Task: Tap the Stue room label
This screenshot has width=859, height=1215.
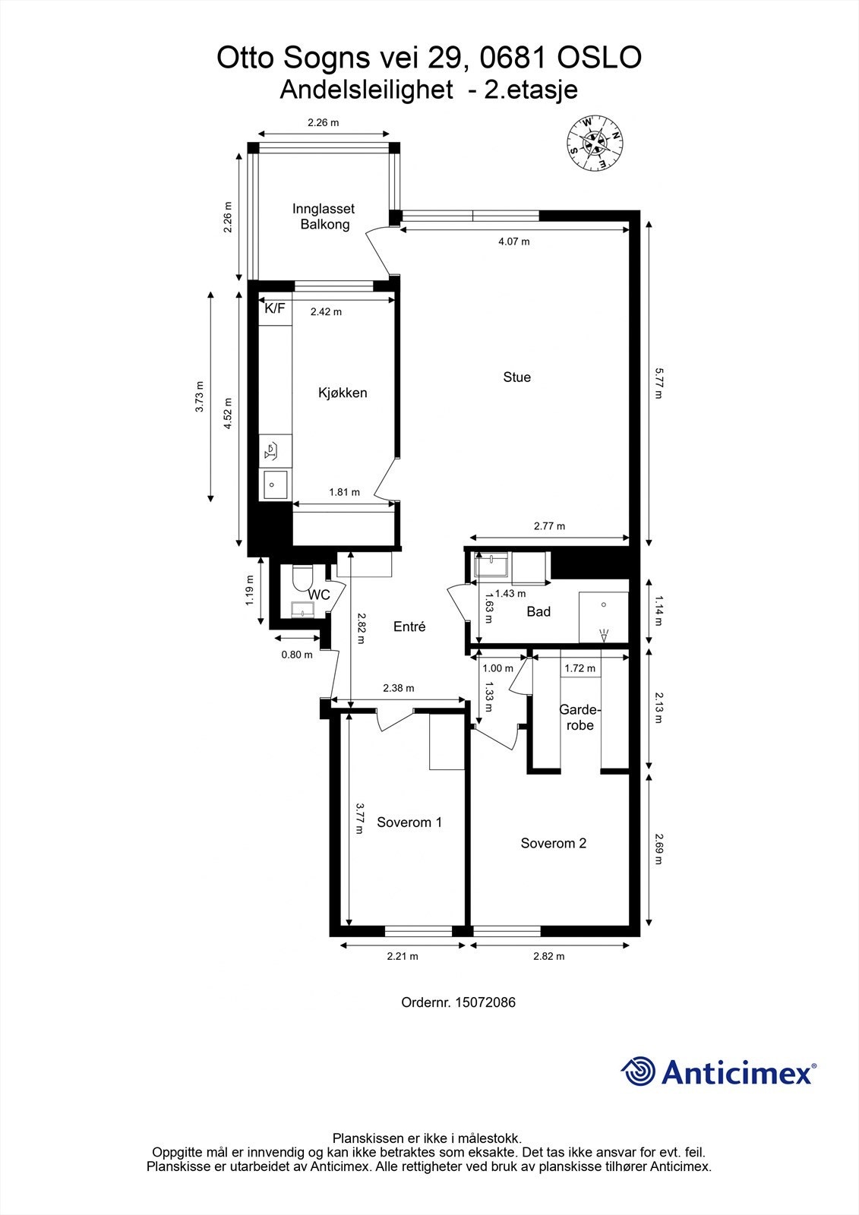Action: coord(516,377)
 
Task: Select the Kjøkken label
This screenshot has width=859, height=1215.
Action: coord(342,393)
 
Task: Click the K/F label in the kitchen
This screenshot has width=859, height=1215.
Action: coord(274,308)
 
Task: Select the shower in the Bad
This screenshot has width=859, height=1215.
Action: coord(604,617)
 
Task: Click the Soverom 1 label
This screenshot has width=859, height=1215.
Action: coord(409,822)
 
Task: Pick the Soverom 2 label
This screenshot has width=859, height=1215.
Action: coord(553,843)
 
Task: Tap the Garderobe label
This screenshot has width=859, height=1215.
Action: coord(580,718)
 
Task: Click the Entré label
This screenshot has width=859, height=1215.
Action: coord(409,626)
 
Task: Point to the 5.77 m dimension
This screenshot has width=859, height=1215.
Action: coord(658,383)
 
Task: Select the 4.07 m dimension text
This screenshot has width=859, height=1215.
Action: coord(513,241)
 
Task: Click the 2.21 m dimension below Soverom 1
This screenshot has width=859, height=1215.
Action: coord(403,956)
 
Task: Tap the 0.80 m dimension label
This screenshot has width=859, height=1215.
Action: coord(297,655)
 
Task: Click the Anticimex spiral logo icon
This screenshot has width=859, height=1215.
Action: coord(638,1072)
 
